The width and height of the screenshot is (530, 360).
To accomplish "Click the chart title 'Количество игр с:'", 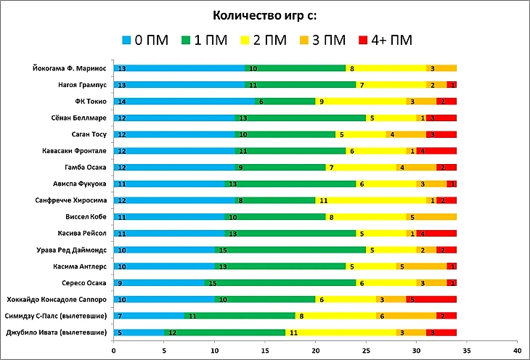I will pos(264,15).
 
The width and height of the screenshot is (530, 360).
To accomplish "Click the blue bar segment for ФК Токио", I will pos(184,102).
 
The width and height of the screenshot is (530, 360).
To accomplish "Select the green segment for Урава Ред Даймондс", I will pos(290,250).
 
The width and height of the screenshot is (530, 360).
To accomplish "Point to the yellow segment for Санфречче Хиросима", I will pos(370,200).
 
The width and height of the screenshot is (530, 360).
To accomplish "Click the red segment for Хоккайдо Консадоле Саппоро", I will pos(431,299).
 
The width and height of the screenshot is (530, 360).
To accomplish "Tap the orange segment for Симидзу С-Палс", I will pos(405,316).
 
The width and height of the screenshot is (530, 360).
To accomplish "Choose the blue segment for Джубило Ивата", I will pos(139,332).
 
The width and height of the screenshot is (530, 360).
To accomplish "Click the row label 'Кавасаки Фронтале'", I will pos(76,151).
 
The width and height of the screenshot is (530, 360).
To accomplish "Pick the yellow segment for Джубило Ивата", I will pos(340,332).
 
